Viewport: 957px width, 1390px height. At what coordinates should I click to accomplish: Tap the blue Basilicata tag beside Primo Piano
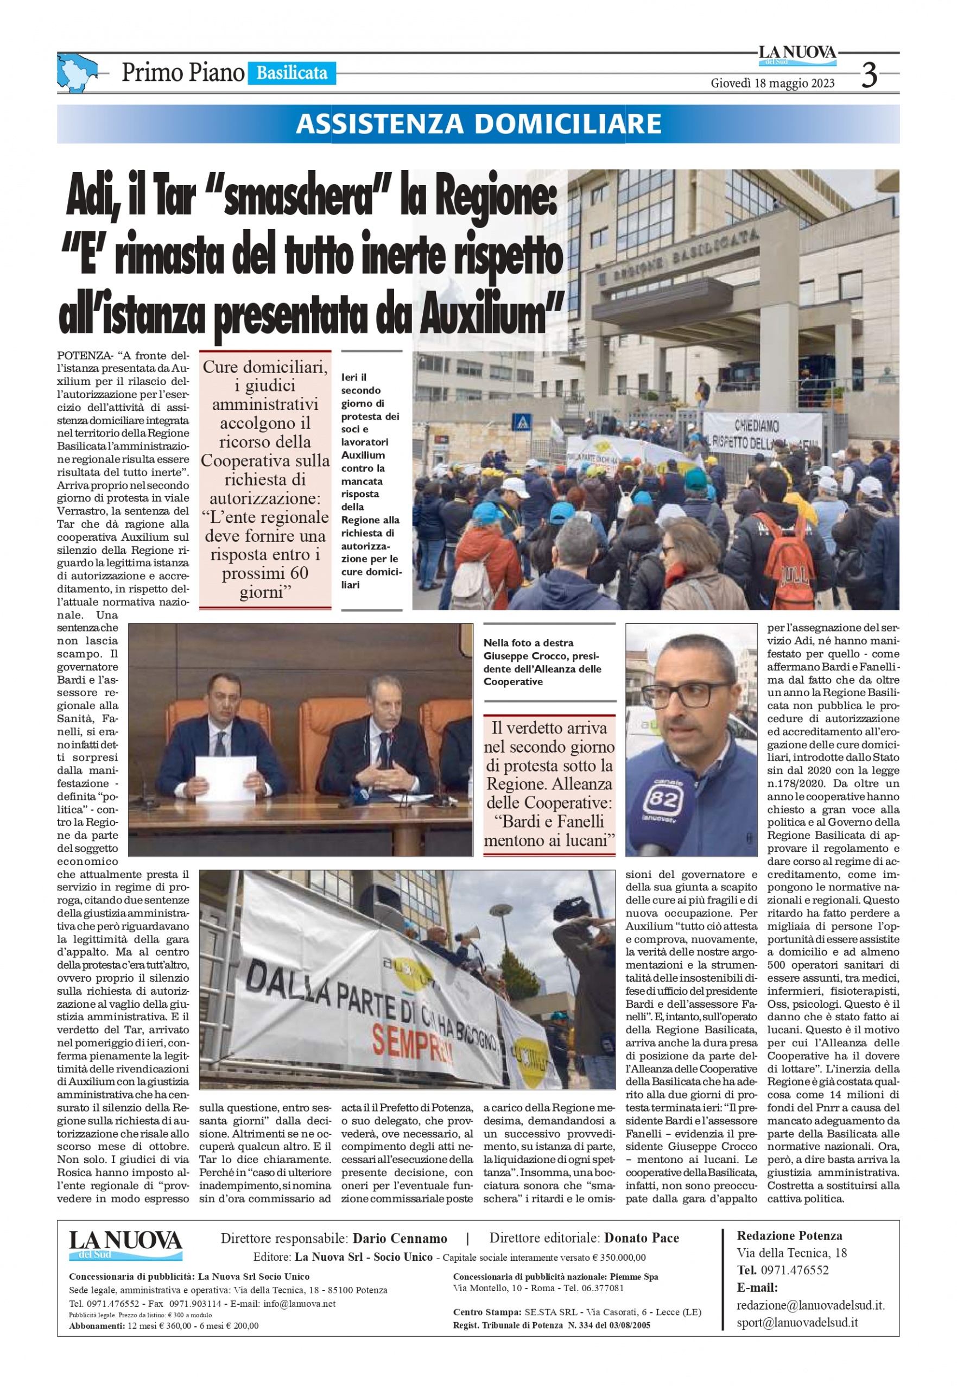[x=291, y=73]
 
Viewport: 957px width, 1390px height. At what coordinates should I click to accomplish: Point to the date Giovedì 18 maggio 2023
[x=772, y=84]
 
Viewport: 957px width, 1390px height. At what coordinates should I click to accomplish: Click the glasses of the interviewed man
[x=692, y=694]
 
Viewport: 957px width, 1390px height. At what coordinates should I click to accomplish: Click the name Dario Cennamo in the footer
[x=400, y=1239]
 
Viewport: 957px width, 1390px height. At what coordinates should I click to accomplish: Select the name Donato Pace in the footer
[x=641, y=1239]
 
